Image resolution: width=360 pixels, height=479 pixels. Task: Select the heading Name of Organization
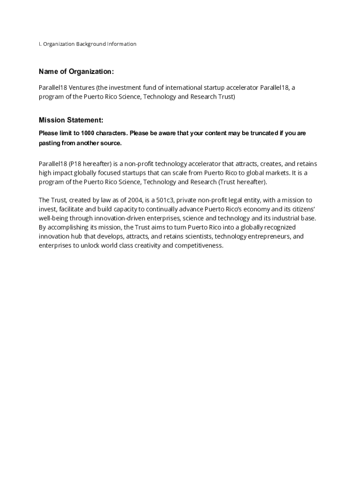pyautogui.click(x=76, y=72)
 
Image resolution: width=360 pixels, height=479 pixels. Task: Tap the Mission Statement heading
pyautogui.click(x=71, y=120)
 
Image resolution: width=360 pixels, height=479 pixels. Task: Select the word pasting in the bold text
pyautogui.click(x=50, y=143)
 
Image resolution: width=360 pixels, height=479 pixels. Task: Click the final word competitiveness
pyautogui.click(x=199, y=246)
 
